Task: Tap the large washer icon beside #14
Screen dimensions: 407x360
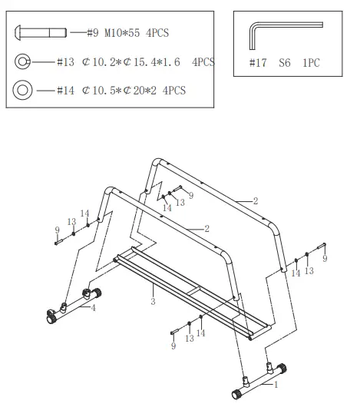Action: pyautogui.click(x=24, y=90)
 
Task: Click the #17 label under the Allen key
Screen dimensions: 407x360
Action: pyautogui.click(x=257, y=63)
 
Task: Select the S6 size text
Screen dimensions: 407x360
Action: pyautogui.click(x=284, y=63)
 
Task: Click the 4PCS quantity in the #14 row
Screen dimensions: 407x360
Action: pyautogui.click(x=173, y=91)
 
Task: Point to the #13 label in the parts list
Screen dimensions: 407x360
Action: pyautogui.click(x=67, y=62)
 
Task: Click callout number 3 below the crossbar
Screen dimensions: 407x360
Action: pyautogui.click(x=153, y=302)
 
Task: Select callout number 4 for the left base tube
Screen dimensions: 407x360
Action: pyautogui.click(x=93, y=308)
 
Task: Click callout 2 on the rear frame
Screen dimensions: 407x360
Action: pyautogui.click(x=255, y=200)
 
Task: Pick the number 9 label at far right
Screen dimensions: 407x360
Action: pyautogui.click(x=324, y=259)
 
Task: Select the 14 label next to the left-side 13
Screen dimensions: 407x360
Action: pyautogui.click(x=85, y=213)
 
